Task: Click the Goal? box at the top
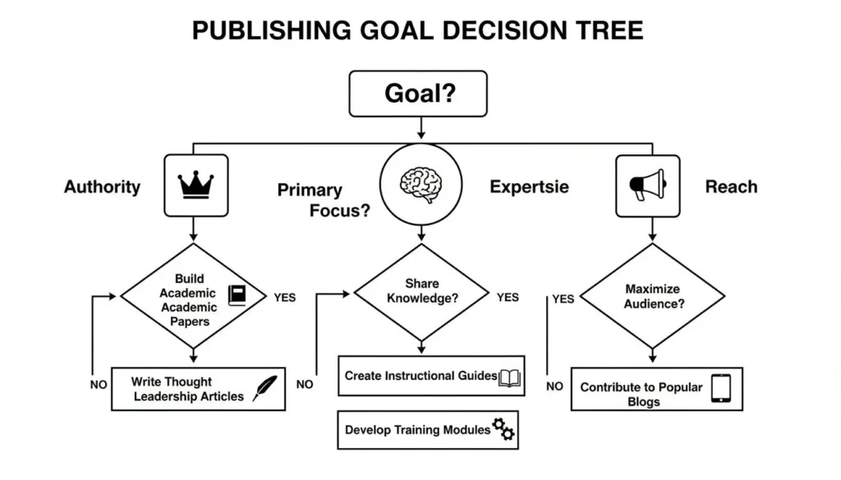[x=418, y=93]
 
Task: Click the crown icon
[x=195, y=185]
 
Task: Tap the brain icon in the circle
[x=420, y=185]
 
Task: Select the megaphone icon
[x=647, y=185]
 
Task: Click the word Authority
[x=103, y=187]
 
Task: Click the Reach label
[x=730, y=187]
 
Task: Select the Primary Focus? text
[x=324, y=200]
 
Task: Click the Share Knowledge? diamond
[x=420, y=292]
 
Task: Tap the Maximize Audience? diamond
[x=654, y=296]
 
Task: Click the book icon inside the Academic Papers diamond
[x=237, y=295]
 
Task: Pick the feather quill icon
[x=264, y=388]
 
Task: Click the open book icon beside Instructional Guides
[x=510, y=377]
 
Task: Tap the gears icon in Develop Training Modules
[x=503, y=429]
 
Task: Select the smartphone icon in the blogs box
[x=720, y=388]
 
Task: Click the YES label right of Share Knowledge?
[x=508, y=297]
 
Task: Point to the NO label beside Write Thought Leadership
[x=99, y=384]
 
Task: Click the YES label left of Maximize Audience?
[x=563, y=299]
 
